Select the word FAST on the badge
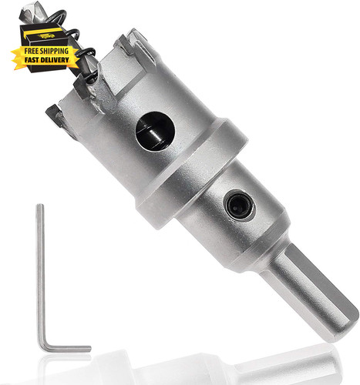coord(32,60)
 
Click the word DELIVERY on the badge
coord(55,60)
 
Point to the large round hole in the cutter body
coord(155,131)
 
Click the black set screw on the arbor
coord(240,206)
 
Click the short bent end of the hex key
coord(68,349)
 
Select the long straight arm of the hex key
coord(41,275)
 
